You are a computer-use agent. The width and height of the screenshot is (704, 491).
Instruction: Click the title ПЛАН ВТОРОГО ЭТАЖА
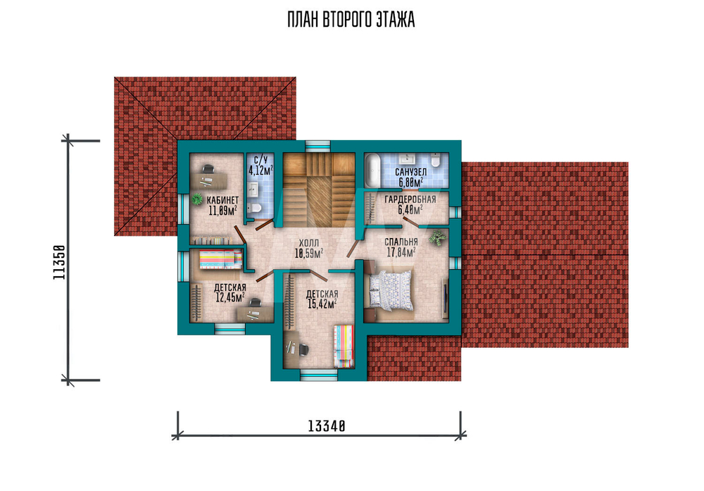click(x=351, y=20)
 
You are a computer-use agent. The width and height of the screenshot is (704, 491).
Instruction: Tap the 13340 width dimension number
click(x=327, y=426)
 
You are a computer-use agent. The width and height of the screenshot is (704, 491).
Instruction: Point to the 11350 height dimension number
click(x=59, y=262)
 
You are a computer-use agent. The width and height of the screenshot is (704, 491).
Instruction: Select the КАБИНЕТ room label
click(x=222, y=200)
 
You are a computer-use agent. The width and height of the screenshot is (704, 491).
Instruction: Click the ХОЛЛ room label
click(x=309, y=244)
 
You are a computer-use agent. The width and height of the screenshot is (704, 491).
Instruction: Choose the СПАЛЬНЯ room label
click(x=401, y=242)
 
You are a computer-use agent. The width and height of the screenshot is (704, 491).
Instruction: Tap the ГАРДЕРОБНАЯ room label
click(x=410, y=200)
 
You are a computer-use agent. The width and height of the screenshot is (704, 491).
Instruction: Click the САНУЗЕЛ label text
click(x=411, y=173)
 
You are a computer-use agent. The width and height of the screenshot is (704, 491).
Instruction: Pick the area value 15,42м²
click(x=322, y=304)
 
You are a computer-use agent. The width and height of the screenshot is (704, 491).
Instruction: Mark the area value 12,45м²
click(x=230, y=297)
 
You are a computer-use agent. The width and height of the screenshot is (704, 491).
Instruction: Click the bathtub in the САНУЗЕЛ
click(x=372, y=170)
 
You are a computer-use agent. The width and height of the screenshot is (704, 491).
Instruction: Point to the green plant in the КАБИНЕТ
click(x=196, y=199)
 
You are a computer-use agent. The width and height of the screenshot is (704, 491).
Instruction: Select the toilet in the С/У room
click(x=256, y=208)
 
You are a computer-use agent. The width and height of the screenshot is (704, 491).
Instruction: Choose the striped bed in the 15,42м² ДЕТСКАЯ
click(x=344, y=347)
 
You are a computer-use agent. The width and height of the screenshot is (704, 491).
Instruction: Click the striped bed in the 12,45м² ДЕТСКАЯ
click(x=220, y=259)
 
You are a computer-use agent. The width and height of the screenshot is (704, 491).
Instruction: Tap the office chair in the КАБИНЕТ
click(x=208, y=169)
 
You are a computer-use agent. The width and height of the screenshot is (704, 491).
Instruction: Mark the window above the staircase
click(x=318, y=145)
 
